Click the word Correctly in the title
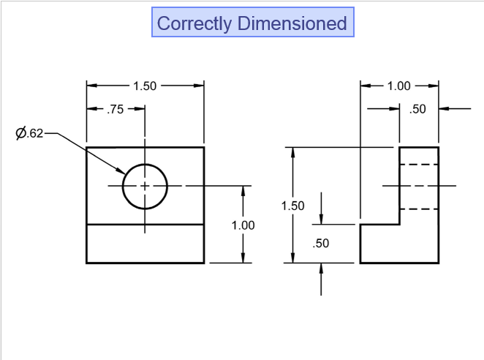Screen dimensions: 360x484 pyautogui.click(x=193, y=23)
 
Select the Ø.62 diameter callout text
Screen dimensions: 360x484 pyautogui.click(x=30, y=132)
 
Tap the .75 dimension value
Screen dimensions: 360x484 pyautogui.click(x=116, y=109)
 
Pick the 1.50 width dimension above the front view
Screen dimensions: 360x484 pyautogui.click(x=144, y=86)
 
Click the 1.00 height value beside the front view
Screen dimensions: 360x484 pyautogui.click(x=243, y=225)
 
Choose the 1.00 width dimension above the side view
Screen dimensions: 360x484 pyautogui.click(x=398, y=86)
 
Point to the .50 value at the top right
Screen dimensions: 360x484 pyautogui.click(x=417, y=109)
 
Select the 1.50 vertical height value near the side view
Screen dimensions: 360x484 pyautogui.click(x=292, y=206)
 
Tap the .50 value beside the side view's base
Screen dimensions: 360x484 pyautogui.click(x=321, y=244)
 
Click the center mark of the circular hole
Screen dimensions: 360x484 pyautogui.click(x=145, y=186)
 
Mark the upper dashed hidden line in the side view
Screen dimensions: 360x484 pyautogui.click(x=418, y=165)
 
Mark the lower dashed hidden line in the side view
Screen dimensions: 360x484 pyautogui.click(x=418, y=209)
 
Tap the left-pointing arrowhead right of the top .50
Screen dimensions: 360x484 pyautogui.click(x=443, y=109)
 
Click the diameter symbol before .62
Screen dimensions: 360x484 pyautogui.click(x=20, y=132)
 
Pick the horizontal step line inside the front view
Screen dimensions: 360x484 pyautogui.click(x=145, y=224)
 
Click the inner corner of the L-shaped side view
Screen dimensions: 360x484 pyautogui.click(x=399, y=224)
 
